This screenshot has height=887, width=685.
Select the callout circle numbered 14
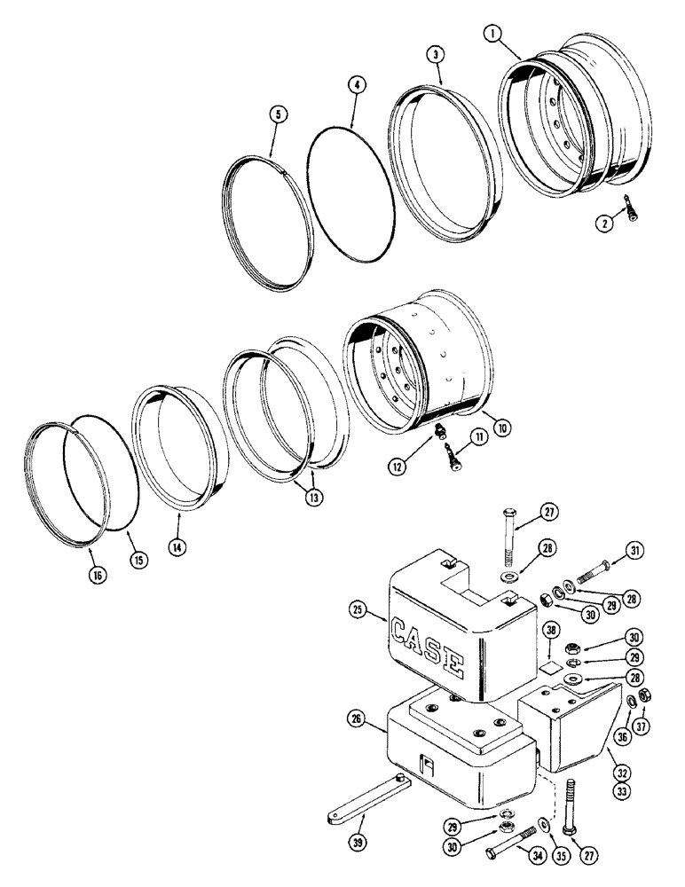(178, 548)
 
